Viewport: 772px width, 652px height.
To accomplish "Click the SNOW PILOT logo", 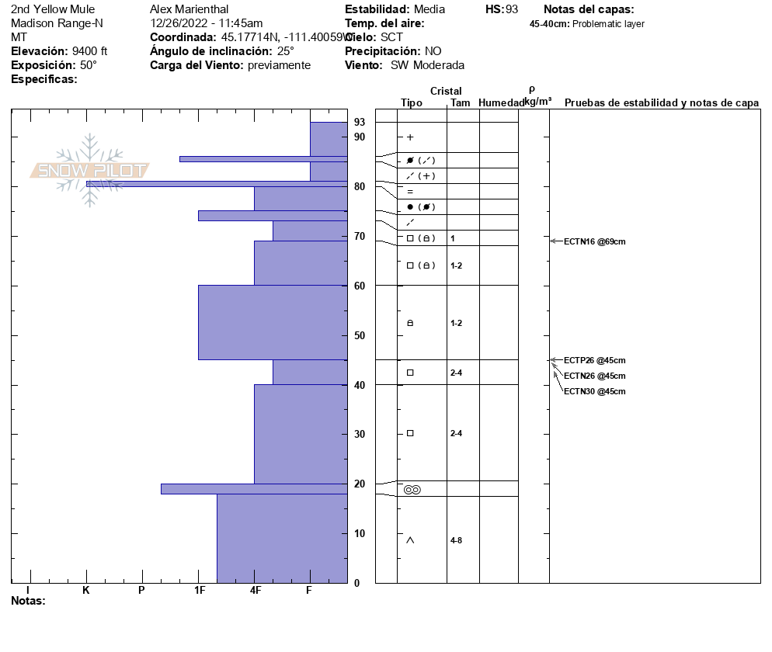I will tap(90, 170).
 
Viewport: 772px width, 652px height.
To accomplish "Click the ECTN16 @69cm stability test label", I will tap(594, 241).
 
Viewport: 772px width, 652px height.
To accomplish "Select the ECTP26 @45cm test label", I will tap(594, 360).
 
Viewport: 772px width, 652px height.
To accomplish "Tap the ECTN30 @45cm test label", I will tap(594, 391).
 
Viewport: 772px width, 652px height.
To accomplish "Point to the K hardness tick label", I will tap(86, 591).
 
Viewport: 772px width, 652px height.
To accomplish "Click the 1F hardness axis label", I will tap(200, 591).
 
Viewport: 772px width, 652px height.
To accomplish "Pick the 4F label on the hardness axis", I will tap(255, 591).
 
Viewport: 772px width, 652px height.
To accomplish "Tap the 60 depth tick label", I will tap(359, 286).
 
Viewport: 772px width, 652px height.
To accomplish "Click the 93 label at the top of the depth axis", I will tap(359, 122).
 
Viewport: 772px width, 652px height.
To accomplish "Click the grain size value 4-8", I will tap(457, 540).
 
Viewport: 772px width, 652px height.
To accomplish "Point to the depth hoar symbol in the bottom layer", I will tap(410, 540).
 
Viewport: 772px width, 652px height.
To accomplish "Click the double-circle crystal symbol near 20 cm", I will tap(412, 489).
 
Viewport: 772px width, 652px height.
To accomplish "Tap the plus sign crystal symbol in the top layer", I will tap(410, 137).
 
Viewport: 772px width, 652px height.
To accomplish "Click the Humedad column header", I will tap(501, 102).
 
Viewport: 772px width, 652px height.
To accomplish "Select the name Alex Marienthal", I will tap(189, 9).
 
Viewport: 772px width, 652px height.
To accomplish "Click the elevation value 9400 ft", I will tap(89, 51).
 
